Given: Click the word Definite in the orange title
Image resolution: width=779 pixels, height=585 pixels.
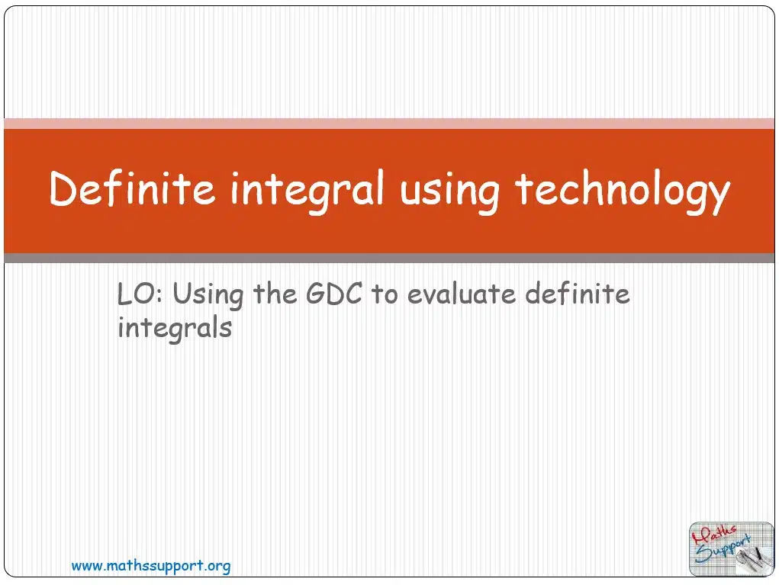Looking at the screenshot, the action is point(132,188).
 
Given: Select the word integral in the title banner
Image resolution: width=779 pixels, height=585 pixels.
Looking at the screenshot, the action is point(307,191).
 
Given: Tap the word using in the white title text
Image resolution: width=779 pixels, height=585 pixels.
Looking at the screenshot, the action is point(449,194).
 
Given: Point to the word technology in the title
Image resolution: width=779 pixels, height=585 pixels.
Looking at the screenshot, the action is point(623,191).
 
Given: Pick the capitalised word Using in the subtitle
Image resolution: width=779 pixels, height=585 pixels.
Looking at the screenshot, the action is point(208,295).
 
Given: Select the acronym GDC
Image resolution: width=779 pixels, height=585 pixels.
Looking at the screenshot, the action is point(334,294).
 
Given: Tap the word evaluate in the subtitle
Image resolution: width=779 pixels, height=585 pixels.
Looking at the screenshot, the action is point(462,294).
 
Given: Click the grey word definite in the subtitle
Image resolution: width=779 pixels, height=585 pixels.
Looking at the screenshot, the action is point(578,293).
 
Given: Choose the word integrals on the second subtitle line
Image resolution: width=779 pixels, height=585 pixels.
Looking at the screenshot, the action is point(175,329).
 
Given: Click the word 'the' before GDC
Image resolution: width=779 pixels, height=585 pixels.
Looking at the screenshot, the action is point(275,294).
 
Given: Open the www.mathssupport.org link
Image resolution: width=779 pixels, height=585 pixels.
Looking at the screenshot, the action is point(151,566).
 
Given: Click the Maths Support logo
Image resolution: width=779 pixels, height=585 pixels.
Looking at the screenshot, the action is point(731,548).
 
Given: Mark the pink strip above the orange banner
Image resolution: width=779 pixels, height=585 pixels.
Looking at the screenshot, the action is point(389,124).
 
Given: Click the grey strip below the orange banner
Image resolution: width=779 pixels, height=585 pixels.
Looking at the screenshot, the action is point(389,258).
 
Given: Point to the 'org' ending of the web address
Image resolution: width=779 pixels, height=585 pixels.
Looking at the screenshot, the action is point(220,567).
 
